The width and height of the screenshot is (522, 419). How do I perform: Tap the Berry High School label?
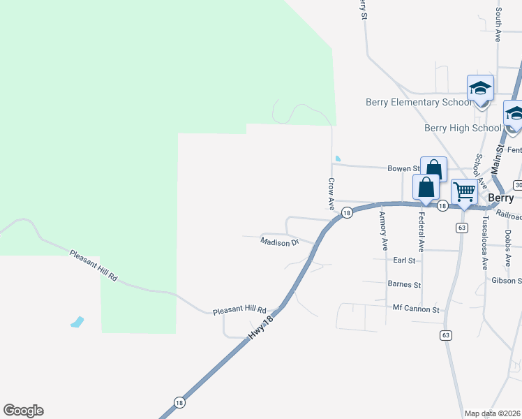coord(463,128)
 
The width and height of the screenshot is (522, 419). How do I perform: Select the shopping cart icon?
coord(464,191)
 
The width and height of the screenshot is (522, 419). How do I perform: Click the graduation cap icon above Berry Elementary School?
coord(480,89)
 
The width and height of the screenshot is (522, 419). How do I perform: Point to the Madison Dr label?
coord(279,242)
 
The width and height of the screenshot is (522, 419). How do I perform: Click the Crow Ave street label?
coord(331,193)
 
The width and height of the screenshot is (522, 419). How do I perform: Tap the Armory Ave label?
coord(383,230)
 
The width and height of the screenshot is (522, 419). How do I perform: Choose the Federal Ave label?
coord(422,232)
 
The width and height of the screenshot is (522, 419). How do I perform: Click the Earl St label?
coord(404,260)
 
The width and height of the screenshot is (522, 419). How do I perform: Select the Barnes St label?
coord(404,285)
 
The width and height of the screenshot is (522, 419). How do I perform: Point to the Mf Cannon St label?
coord(416,309)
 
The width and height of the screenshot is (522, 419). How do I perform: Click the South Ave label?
coord(498,24)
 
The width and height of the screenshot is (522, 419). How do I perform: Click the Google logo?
coord(23,411)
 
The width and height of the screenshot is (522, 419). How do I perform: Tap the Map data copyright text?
coord(493,413)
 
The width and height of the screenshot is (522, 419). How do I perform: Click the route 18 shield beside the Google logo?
coord(179,403)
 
